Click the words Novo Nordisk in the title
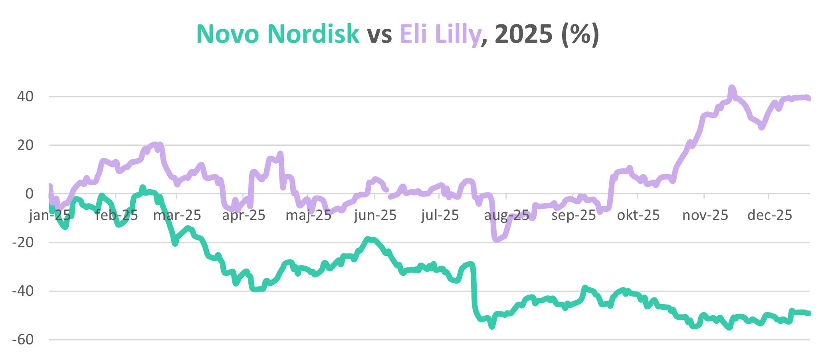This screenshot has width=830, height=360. pyautogui.click(x=277, y=34)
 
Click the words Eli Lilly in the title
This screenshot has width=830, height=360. pyautogui.click(x=440, y=34)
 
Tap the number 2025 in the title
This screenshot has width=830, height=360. pyautogui.click(x=523, y=34)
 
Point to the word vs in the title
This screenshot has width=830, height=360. pyautogui.click(x=379, y=34)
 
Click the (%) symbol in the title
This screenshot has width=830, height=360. pyautogui.click(x=580, y=34)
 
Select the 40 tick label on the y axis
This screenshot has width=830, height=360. pyautogui.click(x=25, y=97)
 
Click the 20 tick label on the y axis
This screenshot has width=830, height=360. pyautogui.click(x=25, y=145)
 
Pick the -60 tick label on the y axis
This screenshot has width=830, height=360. pyautogui.click(x=23, y=340)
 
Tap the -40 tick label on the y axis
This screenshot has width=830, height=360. pyautogui.click(x=23, y=291)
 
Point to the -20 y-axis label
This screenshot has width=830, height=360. pyautogui.click(x=23, y=242)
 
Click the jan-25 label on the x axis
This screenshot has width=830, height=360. pyautogui.click(x=50, y=216)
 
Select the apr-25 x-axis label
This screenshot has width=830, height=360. pyautogui.click(x=244, y=216)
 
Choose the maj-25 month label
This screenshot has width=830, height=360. pyautogui.click(x=308, y=216)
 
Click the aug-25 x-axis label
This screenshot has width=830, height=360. pyautogui.click(x=506, y=216)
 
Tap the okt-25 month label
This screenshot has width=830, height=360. pyautogui.click(x=638, y=216)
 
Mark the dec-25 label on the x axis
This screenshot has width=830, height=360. pyautogui.click(x=769, y=216)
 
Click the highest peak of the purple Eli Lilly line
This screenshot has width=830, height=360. pyautogui.click(x=731, y=87)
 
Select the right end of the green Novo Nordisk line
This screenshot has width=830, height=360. pyautogui.click(x=809, y=313)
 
